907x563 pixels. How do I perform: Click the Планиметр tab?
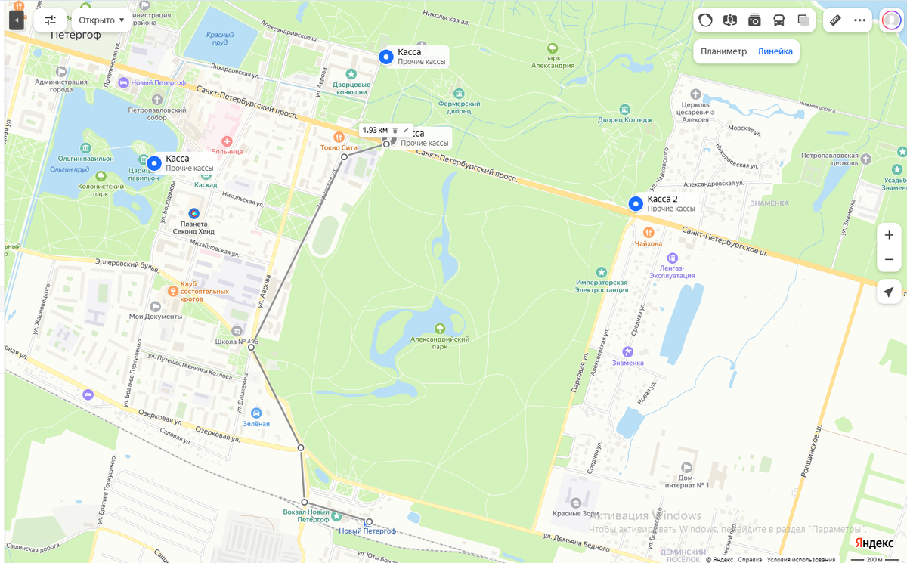click(x=723, y=51)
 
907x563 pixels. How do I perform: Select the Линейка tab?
click(x=775, y=51)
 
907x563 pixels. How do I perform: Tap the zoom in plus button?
click(x=889, y=235)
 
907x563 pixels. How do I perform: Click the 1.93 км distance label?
click(x=375, y=130)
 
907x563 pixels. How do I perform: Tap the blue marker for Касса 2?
click(x=636, y=203)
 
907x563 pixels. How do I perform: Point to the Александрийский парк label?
click(x=440, y=343)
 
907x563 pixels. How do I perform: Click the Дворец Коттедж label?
click(x=624, y=119)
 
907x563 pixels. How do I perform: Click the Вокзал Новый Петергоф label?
click(x=306, y=516)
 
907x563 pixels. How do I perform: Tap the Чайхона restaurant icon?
click(x=649, y=233)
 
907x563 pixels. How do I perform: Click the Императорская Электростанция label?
click(x=602, y=286)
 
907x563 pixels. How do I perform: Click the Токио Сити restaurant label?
click(x=339, y=147)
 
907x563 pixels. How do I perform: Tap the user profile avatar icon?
click(x=891, y=20)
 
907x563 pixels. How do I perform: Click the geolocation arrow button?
click(x=889, y=292)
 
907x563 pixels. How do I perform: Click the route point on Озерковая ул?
click(x=301, y=448)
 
